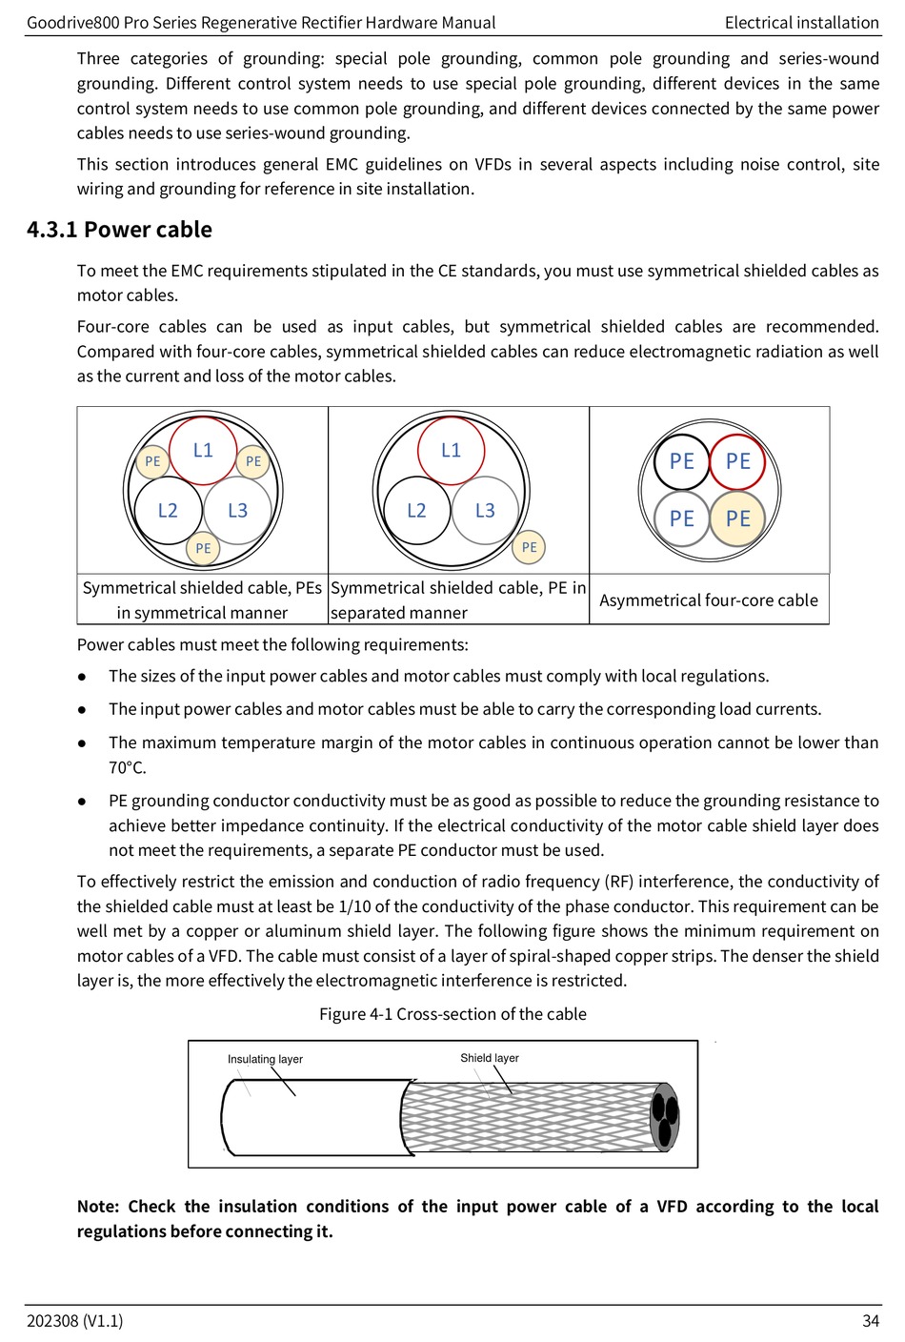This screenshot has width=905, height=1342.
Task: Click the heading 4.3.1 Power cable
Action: pyautogui.click(x=119, y=230)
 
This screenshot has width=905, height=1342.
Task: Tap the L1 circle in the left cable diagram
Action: pyautogui.click(x=203, y=451)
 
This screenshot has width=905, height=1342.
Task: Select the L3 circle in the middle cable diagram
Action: pyautogui.click(x=485, y=511)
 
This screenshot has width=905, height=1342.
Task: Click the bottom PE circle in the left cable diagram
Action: pyautogui.click(x=203, y=548)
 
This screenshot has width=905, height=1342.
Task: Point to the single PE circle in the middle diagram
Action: pyautogui.click(x=529, y=547)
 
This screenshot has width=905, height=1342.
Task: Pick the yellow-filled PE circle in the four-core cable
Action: pyautogui.click(x=738, y=518)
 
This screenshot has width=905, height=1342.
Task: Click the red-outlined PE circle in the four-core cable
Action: pyautogui.click(x=738, y=461)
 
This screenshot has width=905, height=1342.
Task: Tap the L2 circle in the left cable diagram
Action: pyautogui.click(x=168, y=511)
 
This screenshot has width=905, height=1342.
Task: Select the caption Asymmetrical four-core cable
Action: pyautogui.click(x=709, y=600)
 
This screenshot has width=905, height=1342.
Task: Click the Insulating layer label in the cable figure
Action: pyautogui.click(x=265, y=1059)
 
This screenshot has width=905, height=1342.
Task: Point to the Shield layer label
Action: pyautogui.click(x=490, y=1058)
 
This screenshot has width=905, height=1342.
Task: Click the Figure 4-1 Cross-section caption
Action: pyautogui.click(x=452, y=1014)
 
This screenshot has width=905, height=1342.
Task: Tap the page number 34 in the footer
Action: pyautogui.click(x=871, y=1321)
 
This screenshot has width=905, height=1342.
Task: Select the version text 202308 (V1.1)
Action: pyautogui.click(x=75, y=1321)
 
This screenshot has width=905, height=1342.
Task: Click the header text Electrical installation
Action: pyautogui.click(x=801, y=23)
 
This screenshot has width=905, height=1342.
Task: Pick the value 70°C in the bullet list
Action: pyautogui.click(x=127, y=767)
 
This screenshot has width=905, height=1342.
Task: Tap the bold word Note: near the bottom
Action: pyautogui.click(x=98, y=1207)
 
